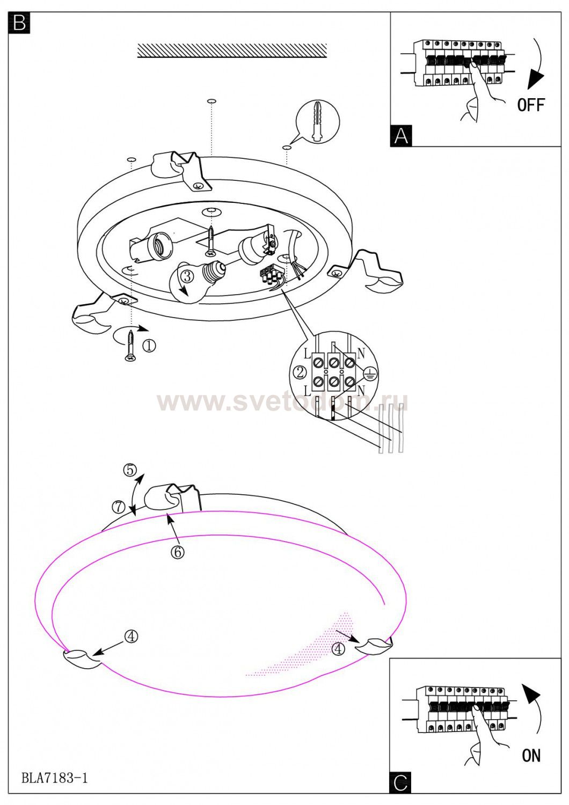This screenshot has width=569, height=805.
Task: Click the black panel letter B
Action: [19, 23]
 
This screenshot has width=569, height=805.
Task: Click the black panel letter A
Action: [401, 136]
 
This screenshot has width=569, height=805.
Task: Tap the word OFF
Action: [531, 105]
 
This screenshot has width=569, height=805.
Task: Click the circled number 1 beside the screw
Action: [149, 346]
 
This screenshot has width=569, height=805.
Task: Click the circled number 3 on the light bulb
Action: [187, 276]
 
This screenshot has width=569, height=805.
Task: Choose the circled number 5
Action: [130, 470]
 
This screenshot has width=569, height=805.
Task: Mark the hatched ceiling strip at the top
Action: [232, 50]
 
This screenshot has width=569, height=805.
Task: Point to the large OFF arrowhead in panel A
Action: [536, 79]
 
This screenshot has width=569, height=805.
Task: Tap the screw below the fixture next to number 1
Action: [130, 346]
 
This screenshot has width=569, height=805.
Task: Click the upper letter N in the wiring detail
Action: [361, 354]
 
